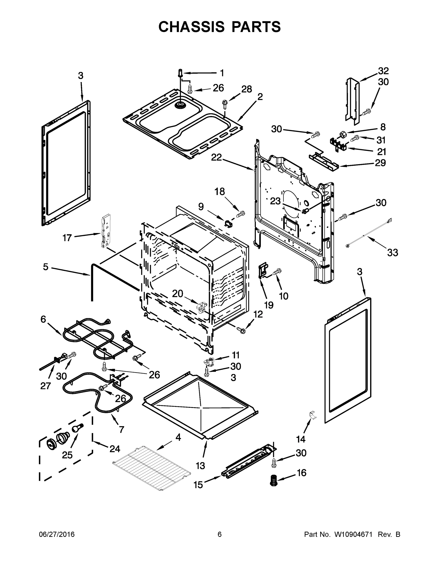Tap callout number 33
tap(392, 252)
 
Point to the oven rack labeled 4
tap(152, 468)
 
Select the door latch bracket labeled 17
tap(106, 231)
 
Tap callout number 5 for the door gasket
tap(45, 266)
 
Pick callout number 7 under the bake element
tap(121, 429)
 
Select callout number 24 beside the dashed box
tap(115, 449)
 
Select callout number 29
tap(380, 163)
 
